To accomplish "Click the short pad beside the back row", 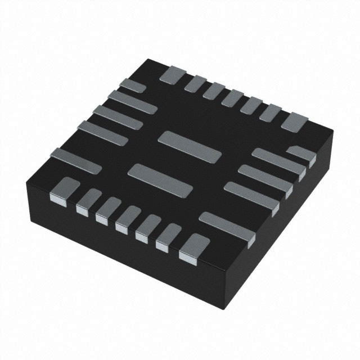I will pyautogui.click(x=133, y=86).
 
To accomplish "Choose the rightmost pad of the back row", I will pyautogui.click(x=294, y=121).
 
